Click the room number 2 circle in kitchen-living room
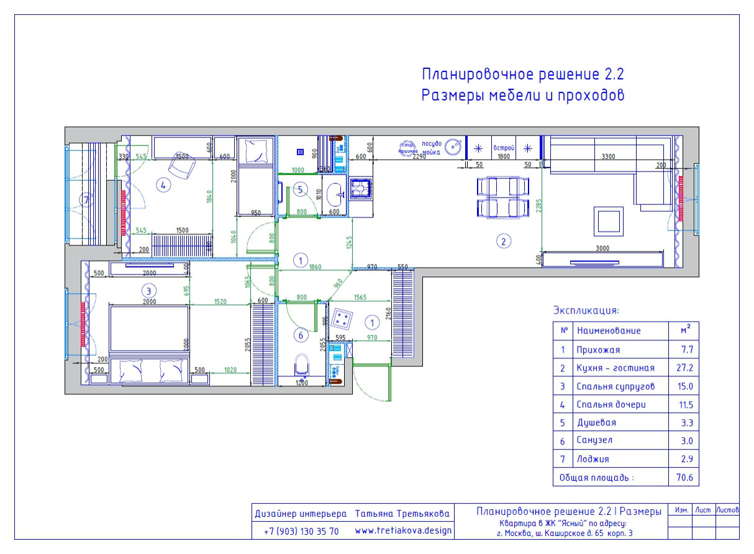504,241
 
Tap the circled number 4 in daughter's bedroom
163,184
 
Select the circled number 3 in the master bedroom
147,290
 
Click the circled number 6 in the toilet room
301,335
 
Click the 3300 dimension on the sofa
604,157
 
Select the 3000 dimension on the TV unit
602,248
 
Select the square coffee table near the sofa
608,220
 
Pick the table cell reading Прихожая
598,350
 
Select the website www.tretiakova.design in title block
403,531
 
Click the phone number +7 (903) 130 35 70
301,532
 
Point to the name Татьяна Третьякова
402,514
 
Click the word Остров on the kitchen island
504,148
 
